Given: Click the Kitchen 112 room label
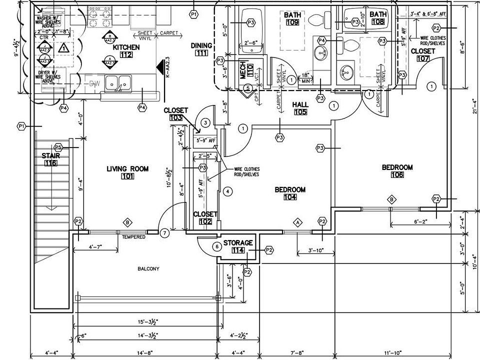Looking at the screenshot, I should tap(125, 51).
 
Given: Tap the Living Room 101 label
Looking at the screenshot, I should tap(127, 172).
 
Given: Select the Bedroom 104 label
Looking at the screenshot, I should tap(290, 193).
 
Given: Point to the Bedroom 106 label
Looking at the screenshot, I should tap(397, 171).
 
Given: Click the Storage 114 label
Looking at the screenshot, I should tap(238, 246).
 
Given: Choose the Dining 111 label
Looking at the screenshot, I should tap(202, 49).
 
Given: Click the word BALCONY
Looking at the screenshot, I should tap(148, 269).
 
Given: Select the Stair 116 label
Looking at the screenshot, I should tap(50, 159).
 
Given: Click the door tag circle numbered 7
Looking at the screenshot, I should tap(165, 232).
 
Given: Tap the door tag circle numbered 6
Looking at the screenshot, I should tap(216, 246).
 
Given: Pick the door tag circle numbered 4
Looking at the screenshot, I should tap(227, 191).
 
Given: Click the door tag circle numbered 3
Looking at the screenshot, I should tap(205, 122).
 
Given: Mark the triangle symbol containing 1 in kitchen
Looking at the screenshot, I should tap(63, 48).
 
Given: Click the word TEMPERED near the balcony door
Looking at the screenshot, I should tap(133, 237).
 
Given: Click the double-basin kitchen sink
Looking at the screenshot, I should tap(118, 83).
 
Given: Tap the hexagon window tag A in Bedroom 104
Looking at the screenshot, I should tap(298, 221).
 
